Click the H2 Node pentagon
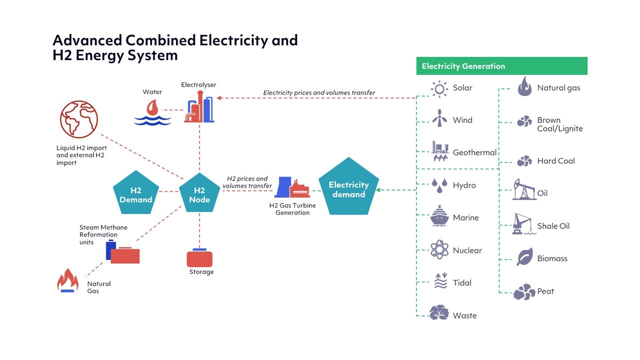pos(199,194)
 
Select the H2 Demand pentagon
pos(135,194)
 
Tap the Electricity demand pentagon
pos(348,189)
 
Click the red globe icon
pos(79,119)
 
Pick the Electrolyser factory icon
pos(199,107)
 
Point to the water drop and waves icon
pos(152,112)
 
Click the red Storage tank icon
pos(199,258)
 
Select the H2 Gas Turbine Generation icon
pos(292,187)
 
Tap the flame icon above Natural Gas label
pos(67,280)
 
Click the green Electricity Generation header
pos(501,66)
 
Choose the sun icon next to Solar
pos(439,88)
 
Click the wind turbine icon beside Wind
pos(439,119)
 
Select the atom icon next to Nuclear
pos(439,249)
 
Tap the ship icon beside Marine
pos(439,216)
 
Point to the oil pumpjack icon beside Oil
pos(524,189)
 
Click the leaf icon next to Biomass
pos(524,257)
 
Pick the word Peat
pos(545,291)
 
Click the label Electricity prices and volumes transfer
pos(319,92)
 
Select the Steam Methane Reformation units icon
pos(122,252)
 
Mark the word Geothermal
pos(474,152)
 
